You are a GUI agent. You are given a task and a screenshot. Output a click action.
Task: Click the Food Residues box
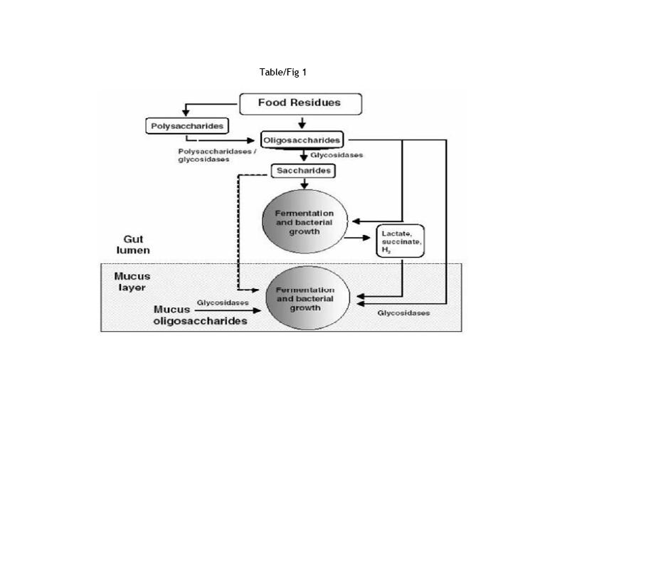click(300, 103)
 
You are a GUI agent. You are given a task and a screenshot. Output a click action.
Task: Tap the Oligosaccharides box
click(302, 140)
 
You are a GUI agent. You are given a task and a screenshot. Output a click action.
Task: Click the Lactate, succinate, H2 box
click(400, 241)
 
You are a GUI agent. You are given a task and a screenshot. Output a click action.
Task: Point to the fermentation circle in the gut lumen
click(305, 223)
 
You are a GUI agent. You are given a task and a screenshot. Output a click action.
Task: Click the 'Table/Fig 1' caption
click(283, 72)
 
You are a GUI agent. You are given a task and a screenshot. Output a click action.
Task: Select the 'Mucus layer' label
click(132, 282)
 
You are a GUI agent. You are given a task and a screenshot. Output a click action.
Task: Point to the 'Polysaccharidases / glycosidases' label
click(207, 155)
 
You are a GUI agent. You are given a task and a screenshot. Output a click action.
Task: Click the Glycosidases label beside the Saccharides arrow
click(337, 155)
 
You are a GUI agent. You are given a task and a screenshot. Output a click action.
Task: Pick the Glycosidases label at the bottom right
click(403, 313)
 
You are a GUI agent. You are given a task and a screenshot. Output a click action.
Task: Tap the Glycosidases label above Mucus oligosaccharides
click(223, 302)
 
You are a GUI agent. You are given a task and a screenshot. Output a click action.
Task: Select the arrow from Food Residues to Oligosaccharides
click(302, 122)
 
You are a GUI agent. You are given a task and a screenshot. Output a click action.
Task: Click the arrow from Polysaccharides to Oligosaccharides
click(228, 140)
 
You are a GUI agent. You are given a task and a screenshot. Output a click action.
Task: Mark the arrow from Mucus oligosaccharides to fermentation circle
click(228, 310)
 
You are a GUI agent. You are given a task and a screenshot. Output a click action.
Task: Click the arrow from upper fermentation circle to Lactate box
click(361, 238)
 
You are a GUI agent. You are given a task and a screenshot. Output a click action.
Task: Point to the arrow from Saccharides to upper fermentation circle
click(305, 183)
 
